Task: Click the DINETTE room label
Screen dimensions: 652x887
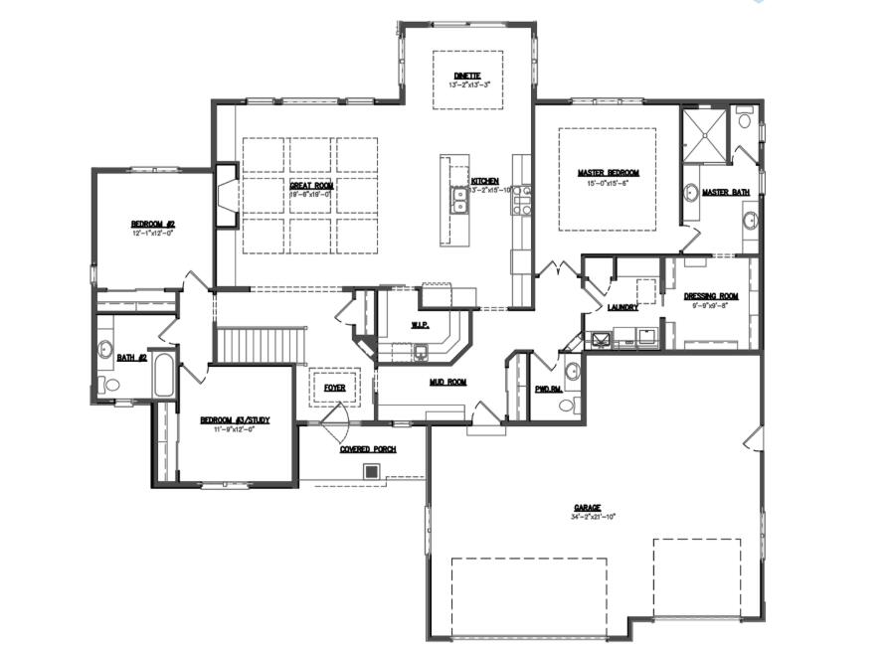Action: (x=467, y=76)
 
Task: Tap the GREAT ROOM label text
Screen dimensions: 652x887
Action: (x=311, y=186)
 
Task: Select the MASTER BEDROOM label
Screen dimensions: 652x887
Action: (x=608, y=173)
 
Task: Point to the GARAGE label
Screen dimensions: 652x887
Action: (x=586, y=508)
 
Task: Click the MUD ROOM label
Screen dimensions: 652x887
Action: (x=448, y=382)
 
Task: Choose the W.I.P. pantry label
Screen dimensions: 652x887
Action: (x=420, y=325)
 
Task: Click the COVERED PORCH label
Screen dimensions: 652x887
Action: (x=368, y=449)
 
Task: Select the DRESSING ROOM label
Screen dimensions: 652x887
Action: (x=712, y=297)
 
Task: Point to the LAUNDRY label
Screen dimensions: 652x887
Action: (x=622, y=308)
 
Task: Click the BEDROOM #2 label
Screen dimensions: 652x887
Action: (x=153, y=224)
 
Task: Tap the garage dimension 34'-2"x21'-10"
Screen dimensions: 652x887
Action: (x=586, y=517)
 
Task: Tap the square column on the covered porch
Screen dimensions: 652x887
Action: (x=372, y=471)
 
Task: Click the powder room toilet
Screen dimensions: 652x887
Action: (x=566, y=404)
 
